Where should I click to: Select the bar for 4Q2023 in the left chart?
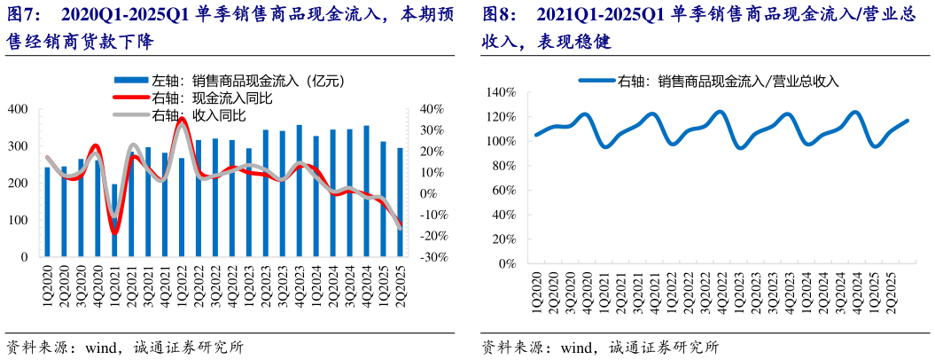(x=299, y=191)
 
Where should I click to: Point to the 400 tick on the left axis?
(x=18, y=109)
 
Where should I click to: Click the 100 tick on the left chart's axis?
(x=18, y=220)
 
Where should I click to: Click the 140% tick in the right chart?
(x=502, y=92)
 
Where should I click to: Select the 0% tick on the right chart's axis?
(x=507, y=263)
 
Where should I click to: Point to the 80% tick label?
(x=504, y=166)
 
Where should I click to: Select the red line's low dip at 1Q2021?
(x=115, y=232)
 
